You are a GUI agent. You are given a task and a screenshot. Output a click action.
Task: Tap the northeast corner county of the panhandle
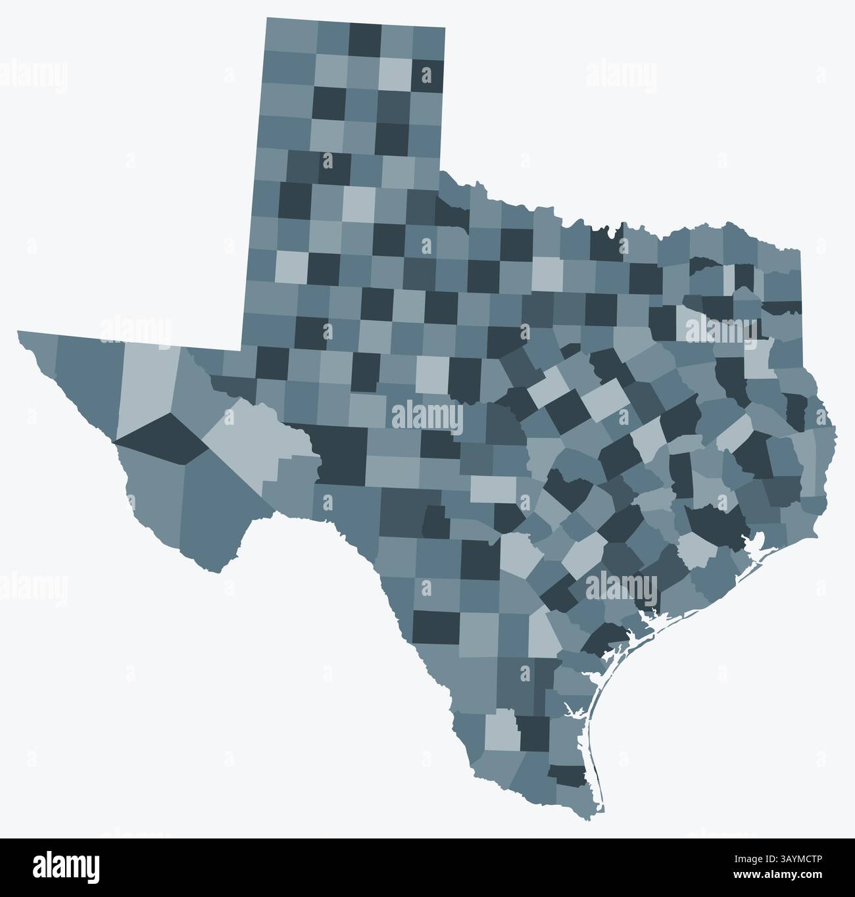[427, 43]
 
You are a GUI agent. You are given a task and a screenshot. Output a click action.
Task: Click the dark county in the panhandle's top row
[364, 39]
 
